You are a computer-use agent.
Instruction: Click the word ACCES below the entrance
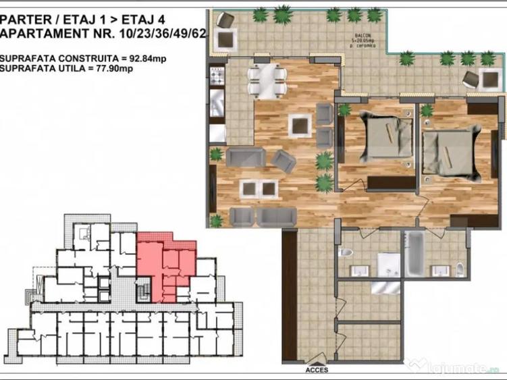317,369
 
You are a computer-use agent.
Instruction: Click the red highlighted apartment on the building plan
165,267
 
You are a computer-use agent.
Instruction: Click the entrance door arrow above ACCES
316,361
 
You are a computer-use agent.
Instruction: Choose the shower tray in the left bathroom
388,264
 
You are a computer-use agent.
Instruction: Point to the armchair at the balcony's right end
489,80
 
